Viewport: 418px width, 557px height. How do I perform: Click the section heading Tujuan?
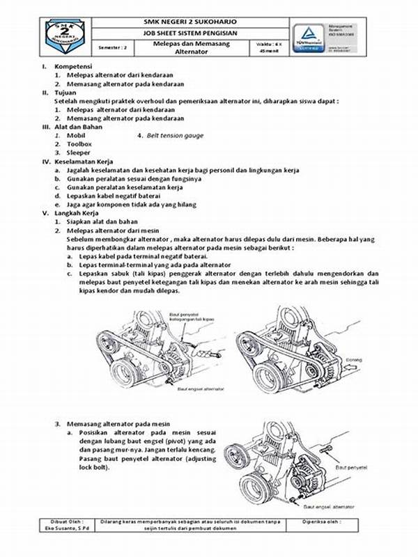click(x=68, y=92)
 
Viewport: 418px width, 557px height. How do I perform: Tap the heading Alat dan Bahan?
click(x=78, y=127)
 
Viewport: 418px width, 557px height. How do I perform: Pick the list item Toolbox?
click(x=81, y=143)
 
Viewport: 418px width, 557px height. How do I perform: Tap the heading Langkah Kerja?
click(x=77, y=212)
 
